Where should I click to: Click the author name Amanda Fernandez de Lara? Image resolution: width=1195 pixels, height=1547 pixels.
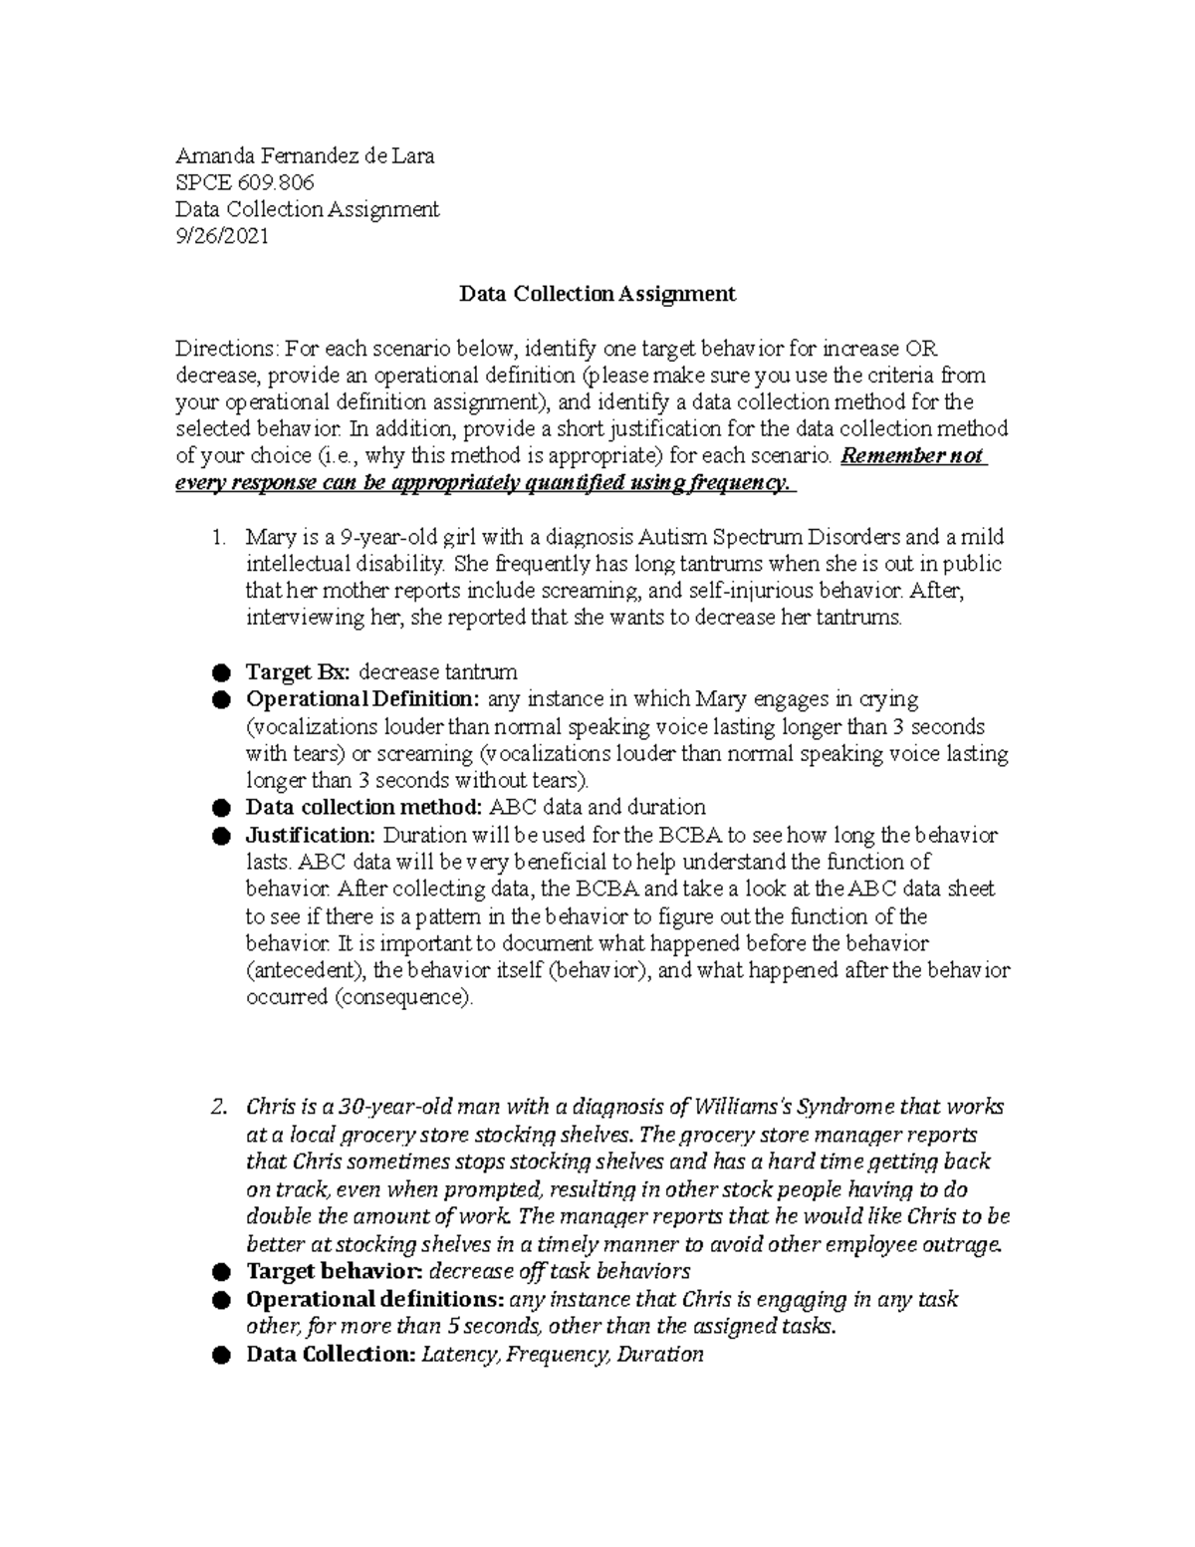click(x=305, y=156)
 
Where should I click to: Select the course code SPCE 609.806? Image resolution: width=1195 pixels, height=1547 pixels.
click(x=244, y=183)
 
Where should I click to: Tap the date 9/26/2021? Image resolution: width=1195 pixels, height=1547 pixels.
click(x=221, y=237)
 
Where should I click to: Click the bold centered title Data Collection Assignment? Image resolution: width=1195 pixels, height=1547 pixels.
click(x=597, y=294)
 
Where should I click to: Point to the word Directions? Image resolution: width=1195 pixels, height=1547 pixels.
click(x=227, y=349)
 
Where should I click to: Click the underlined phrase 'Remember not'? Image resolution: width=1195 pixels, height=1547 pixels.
click(x=913, y=456)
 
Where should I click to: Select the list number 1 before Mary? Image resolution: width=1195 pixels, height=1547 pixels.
click(x=219, y=537)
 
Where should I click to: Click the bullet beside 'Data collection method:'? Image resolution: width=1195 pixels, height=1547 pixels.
click(x=221, y=808)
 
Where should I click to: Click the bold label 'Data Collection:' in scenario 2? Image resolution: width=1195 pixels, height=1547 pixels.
click(x=331, y=1355)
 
